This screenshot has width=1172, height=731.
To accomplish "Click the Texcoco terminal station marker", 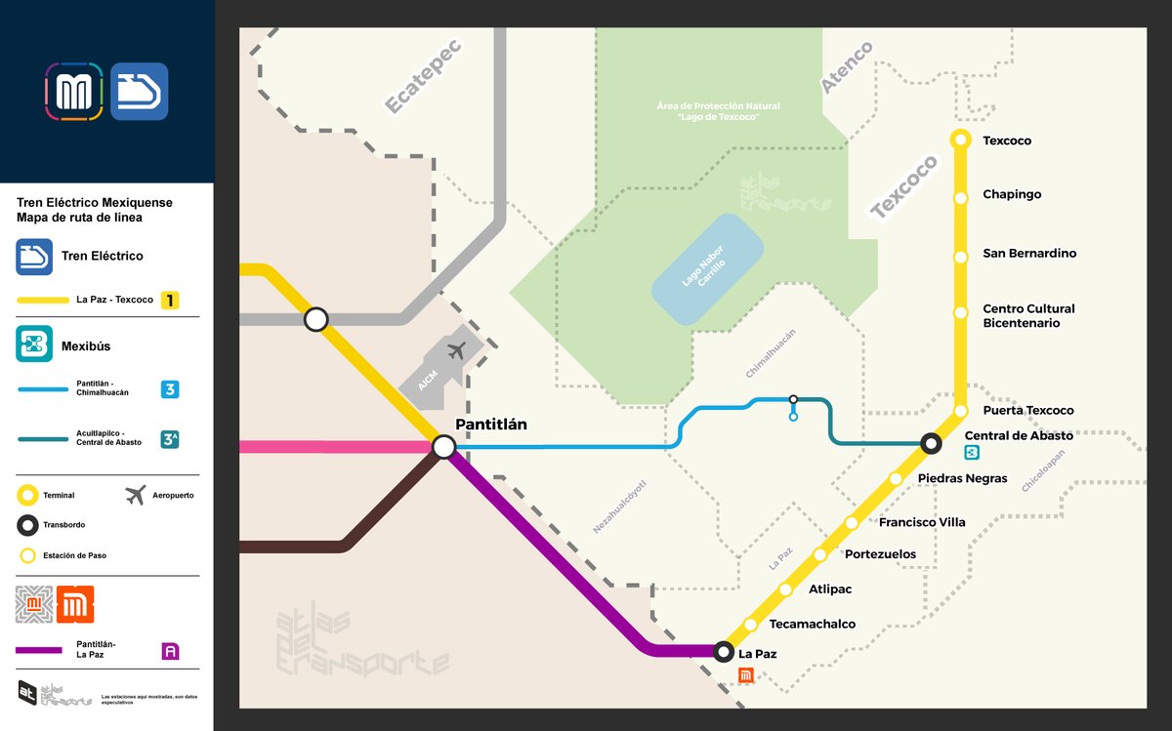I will [x=960, y=141].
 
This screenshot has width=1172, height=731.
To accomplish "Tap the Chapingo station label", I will [x=1012, y=194].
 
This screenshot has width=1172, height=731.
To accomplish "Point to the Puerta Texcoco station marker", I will [x=960, y=411].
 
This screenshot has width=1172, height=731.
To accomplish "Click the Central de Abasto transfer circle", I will [x=932, y=444].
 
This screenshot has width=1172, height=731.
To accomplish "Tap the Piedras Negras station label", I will [x=962, y=478].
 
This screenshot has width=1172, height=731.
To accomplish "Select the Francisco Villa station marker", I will [x=852, y=523].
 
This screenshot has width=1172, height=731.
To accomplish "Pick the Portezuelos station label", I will [x=880, y=554].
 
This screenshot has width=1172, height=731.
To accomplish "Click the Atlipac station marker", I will [x=784, y=590].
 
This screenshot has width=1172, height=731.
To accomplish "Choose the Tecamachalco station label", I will [x=812, y=625].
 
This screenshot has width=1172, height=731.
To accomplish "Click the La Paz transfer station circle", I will [x=723, y=651].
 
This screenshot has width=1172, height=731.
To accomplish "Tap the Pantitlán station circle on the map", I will [x=444, y=447].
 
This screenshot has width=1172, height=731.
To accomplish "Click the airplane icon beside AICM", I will [x=456, y=350].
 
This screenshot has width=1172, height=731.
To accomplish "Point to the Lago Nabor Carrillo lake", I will [x=708, y=270].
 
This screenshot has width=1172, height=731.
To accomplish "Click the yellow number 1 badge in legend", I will [x=171, y=301].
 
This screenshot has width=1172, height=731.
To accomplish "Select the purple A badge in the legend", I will [x=171, y=651].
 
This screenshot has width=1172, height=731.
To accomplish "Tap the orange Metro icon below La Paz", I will [x=745, y=674].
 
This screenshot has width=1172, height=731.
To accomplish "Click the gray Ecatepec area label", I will [x=422, y=76].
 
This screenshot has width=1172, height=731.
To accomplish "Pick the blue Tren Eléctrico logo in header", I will [x=139, y=92].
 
